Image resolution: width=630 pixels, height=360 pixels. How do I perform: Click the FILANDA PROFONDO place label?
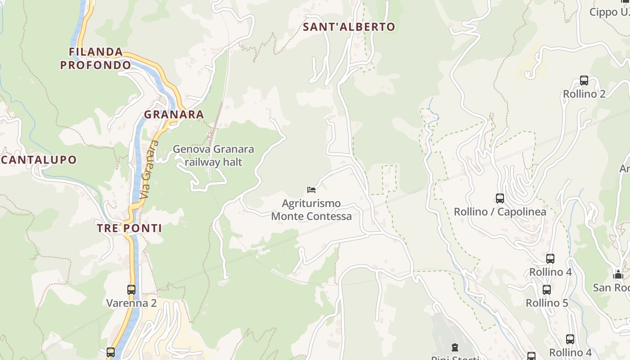point(95,58)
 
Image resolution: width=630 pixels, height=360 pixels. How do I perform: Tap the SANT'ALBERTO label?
point(349,27)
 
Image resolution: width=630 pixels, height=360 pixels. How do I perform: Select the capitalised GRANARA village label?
point(174,115)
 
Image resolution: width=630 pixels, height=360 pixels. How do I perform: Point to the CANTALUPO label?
point(39,160)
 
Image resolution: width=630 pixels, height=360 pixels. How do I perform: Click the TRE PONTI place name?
point(130,228)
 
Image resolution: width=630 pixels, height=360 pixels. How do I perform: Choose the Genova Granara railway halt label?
point(213,155)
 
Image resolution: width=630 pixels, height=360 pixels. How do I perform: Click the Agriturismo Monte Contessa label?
point(311,210)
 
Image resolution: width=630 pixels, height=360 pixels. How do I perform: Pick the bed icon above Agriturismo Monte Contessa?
point(311,189)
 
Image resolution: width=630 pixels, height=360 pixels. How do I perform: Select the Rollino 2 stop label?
point(584,94)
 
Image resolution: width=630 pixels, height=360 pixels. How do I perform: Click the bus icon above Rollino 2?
point(584,81)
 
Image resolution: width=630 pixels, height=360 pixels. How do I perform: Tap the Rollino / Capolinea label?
point(500,211)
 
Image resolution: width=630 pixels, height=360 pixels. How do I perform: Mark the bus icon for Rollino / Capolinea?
point(499,198)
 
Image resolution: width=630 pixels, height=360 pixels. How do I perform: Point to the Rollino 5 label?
point(547,303)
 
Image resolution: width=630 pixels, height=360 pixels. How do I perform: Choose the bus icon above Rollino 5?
point(547,290)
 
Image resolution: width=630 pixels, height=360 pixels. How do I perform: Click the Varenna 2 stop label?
point(131,303)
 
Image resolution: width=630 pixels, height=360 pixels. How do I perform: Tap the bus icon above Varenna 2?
point(131,290)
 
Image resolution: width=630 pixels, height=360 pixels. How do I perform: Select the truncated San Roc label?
point(611,288)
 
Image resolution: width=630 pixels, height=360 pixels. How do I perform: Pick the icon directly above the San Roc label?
point(618,274)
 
